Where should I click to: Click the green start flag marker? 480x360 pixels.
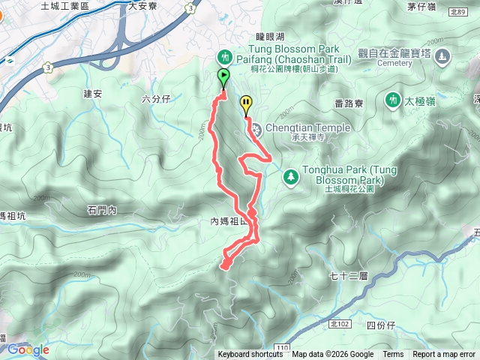(x=223, y=76)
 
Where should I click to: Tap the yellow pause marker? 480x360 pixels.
(x=246, y=103)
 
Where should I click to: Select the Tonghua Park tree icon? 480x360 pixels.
(x=290, y=177)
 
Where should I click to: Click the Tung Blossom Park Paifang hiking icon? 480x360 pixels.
(x=223, y=57)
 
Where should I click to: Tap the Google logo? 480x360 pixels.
(x=28, y=349)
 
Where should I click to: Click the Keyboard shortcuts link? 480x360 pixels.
(x=250, y=355)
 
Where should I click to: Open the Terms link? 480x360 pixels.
(x=393, y=355)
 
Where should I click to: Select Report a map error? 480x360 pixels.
(x=444, y=355)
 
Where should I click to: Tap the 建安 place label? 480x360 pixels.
(x=92, y=94)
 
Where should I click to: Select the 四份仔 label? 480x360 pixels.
(x=382, y=325)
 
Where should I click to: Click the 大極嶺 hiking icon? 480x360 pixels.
(x=391, y=100)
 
